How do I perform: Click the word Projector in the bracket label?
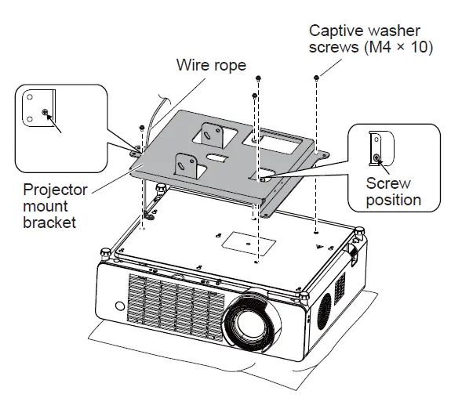point(55,190)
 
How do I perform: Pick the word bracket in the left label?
point(49,223)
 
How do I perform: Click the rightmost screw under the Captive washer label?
point(316,78)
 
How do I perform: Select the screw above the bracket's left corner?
point(140,127)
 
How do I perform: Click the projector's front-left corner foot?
point(104,252)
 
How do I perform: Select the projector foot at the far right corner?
point(360,231)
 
